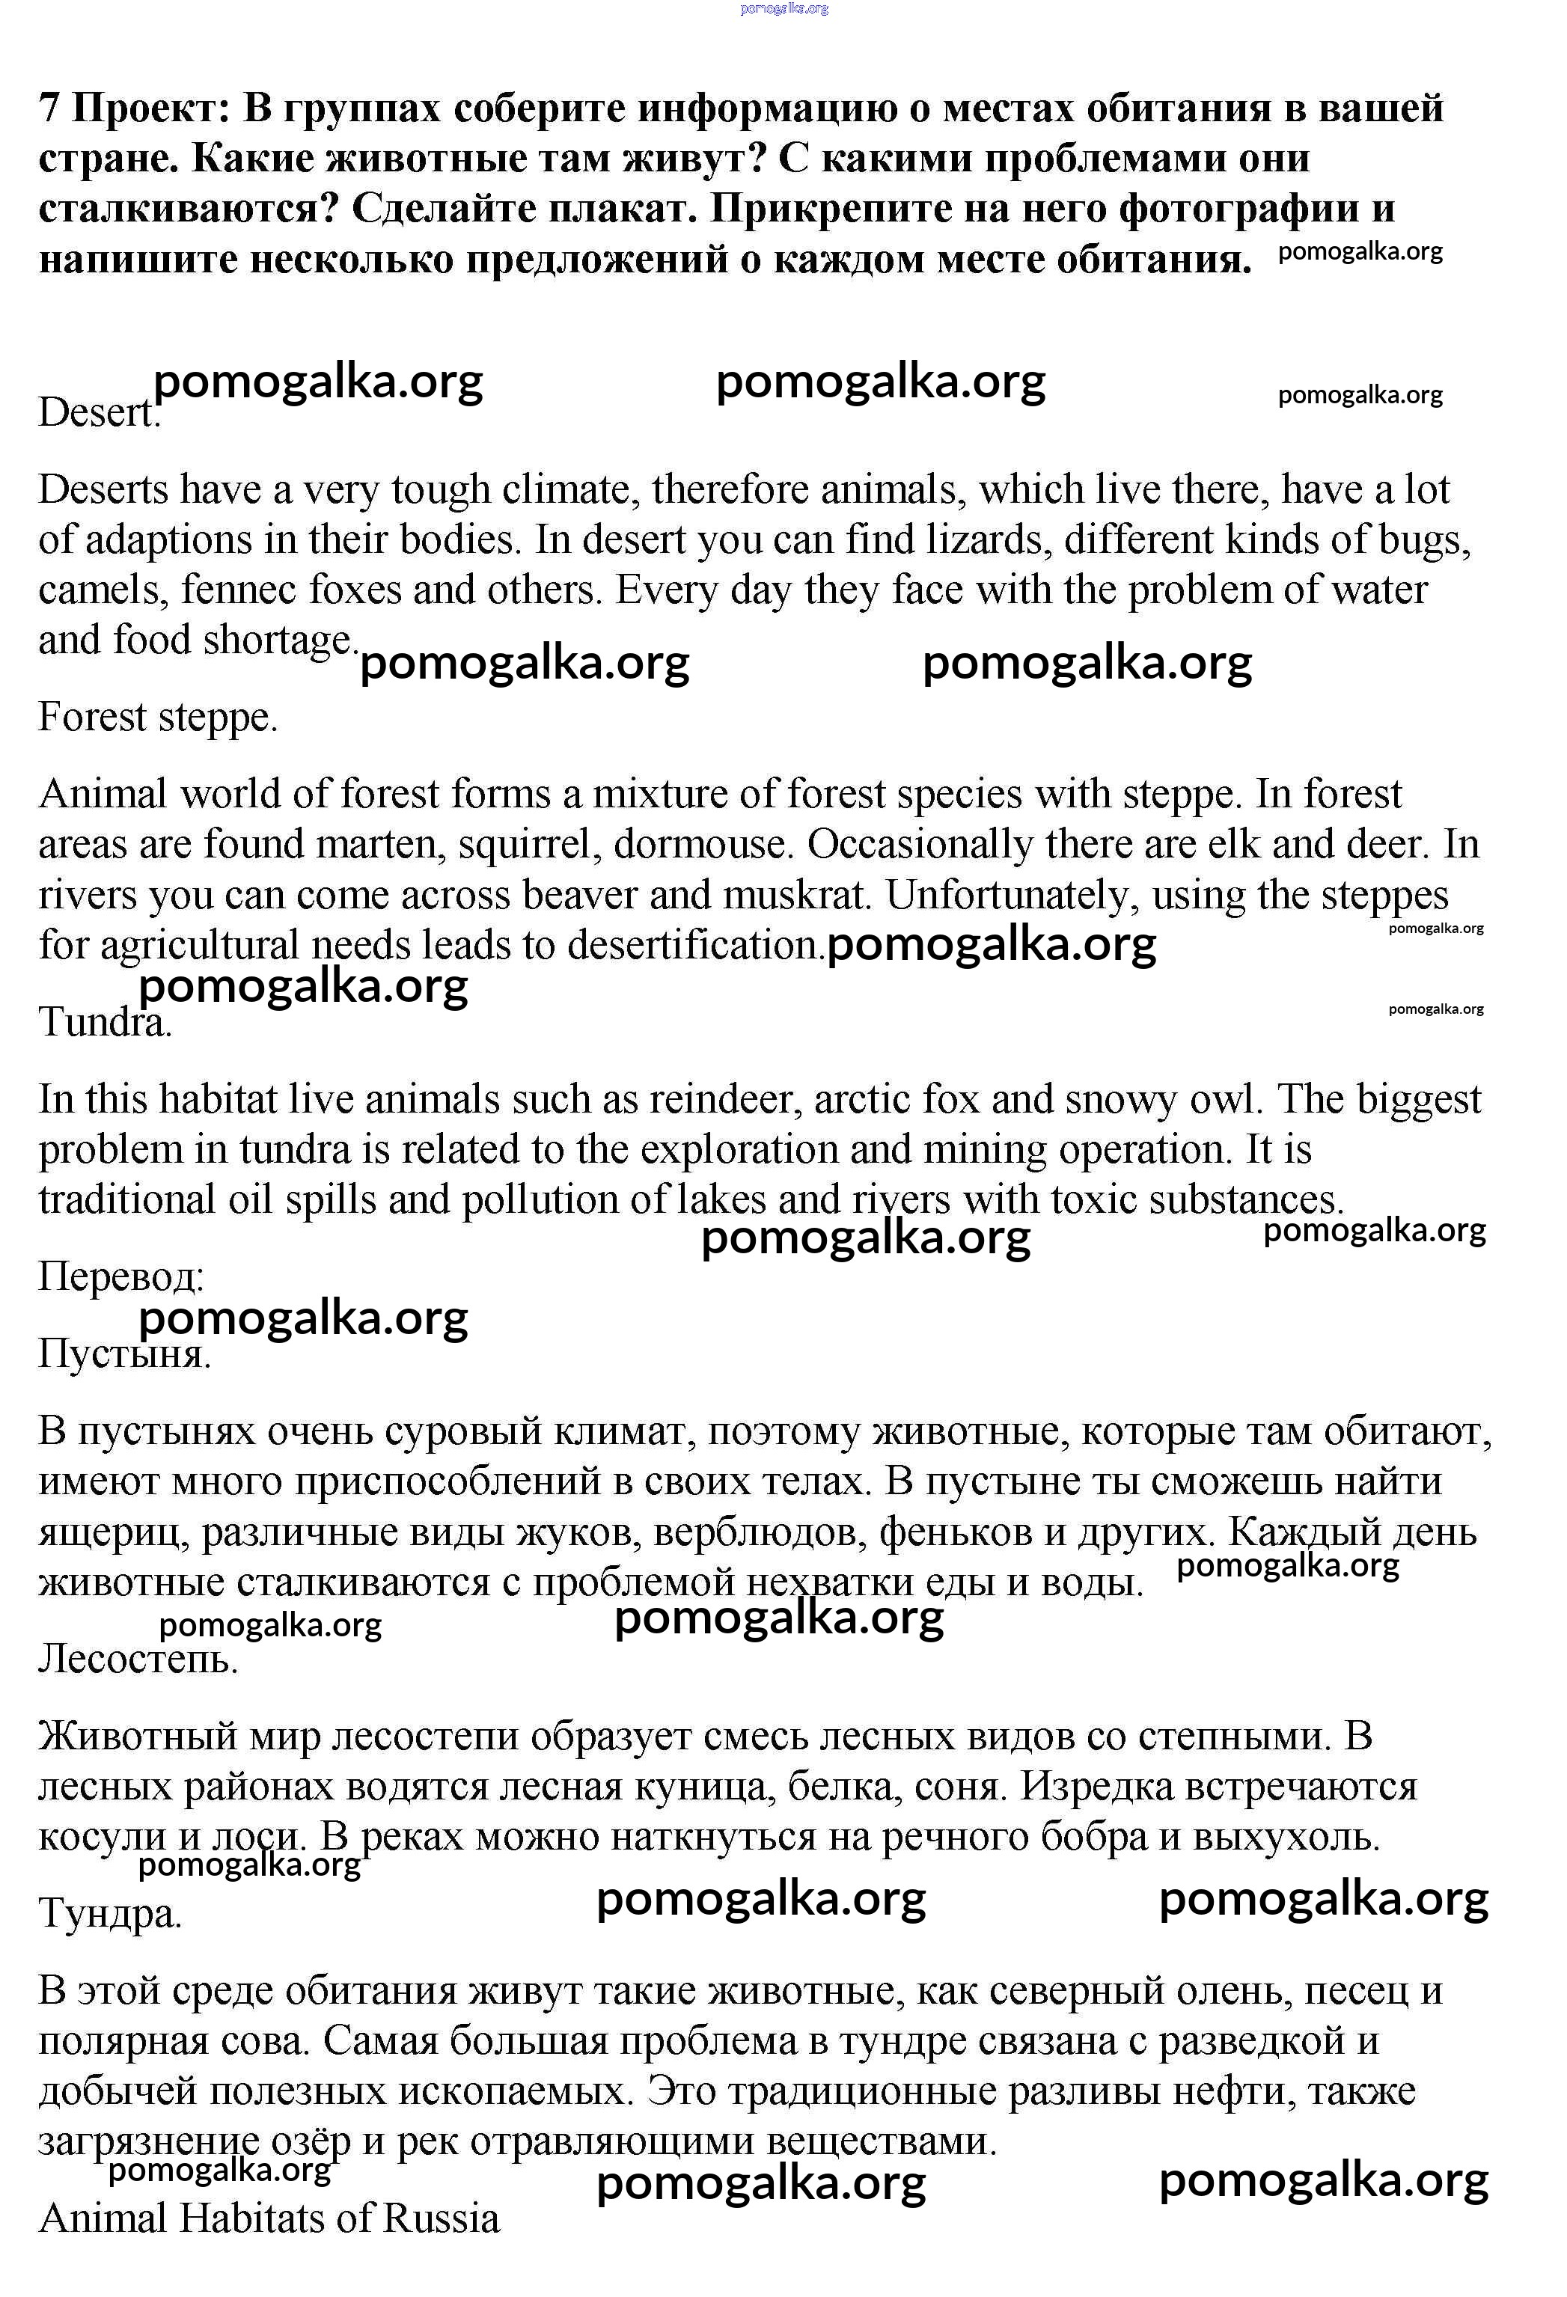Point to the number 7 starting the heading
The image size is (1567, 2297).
pyautogui.click(x=49, y=108)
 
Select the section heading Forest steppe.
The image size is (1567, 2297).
pyautogui.click(x=157, y=718)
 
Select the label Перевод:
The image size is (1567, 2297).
pyautogui.click(x=120, y=1277)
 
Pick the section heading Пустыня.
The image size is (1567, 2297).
pyautogui.click(x=124, y=1354)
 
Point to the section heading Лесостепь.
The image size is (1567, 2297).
pyautogui.click(x=138, y=1659)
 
